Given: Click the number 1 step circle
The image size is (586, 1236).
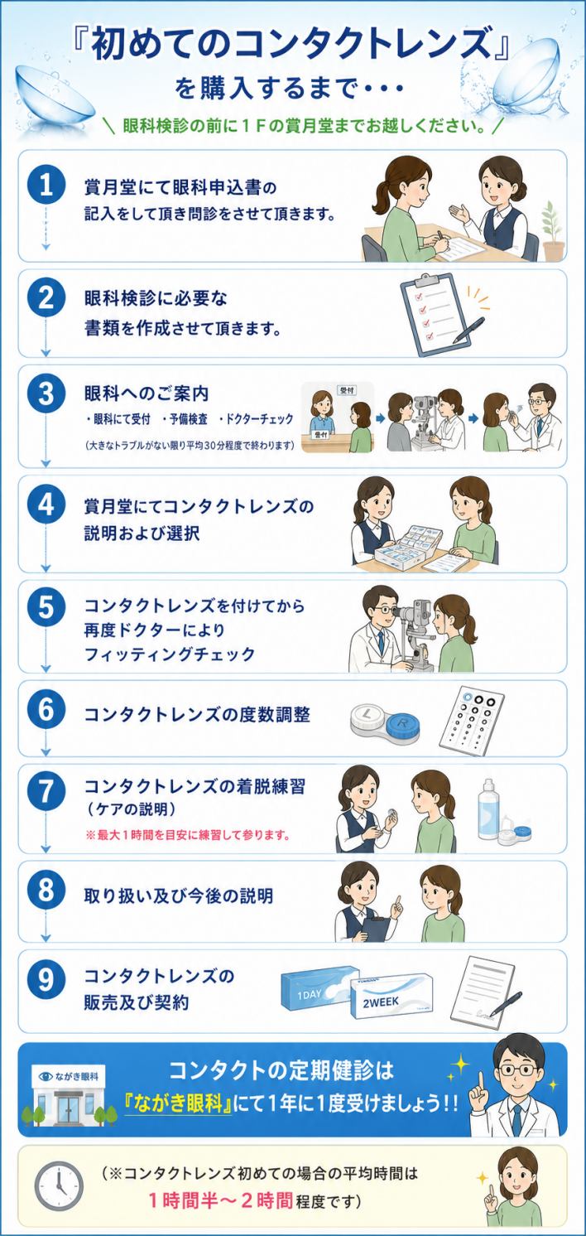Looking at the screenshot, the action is [x=46, y=184].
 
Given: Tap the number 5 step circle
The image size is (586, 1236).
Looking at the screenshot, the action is [x=46, y=607].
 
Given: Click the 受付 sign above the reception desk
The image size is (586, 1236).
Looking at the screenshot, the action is [x=347, y=390].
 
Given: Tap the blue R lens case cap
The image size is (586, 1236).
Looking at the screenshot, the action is [x=404, y=723].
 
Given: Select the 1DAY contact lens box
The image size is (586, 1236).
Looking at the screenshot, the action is [x=319, y=988].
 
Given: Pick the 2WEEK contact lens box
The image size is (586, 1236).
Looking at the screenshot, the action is [x=392, y=997].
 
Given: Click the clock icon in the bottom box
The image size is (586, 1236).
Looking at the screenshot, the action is [x=59, y=1185].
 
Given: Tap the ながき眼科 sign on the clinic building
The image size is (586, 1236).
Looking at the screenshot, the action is [x=69, y=1076].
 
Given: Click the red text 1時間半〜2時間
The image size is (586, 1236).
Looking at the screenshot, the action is [x=220, y=1200].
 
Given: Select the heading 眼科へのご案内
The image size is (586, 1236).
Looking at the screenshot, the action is [x=146, y=393].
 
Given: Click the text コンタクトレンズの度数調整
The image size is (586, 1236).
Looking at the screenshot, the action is [x=197, y=715].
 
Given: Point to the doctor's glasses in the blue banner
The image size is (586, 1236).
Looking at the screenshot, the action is [x=517, y=1069].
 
